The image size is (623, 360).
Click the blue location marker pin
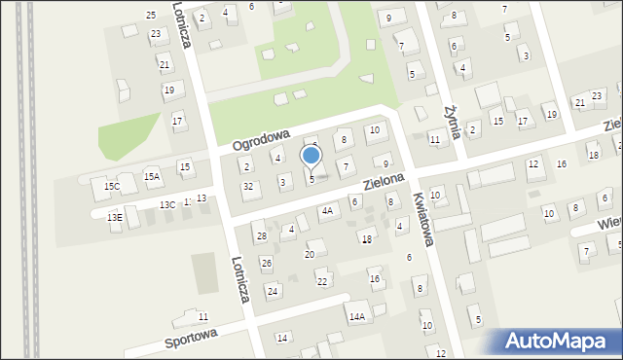(x=311, y=157)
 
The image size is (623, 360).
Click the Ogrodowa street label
(x=263, y=138)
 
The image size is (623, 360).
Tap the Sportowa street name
(x=191, y=338)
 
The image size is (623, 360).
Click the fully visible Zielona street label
(x=384, y=181)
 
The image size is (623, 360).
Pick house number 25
(x=151, y=15)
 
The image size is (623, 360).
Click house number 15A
(x=151, y=177)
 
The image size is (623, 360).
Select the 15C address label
(x=112, y=186)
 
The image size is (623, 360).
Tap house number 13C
(x=167, y=204)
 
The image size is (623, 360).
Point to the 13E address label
(x=115, y=218)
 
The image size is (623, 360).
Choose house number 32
(x=248, y=186)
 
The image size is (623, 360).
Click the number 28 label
(x=260, y=236)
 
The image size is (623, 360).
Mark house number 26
(x=266, y=263)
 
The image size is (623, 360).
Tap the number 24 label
(x=273, y=291)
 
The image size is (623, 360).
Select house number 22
(x=321, y=281)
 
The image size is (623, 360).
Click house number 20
(x=309, y=254)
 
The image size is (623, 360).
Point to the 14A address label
(x=357, y=316)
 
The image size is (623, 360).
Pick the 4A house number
(x=327, y=209)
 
